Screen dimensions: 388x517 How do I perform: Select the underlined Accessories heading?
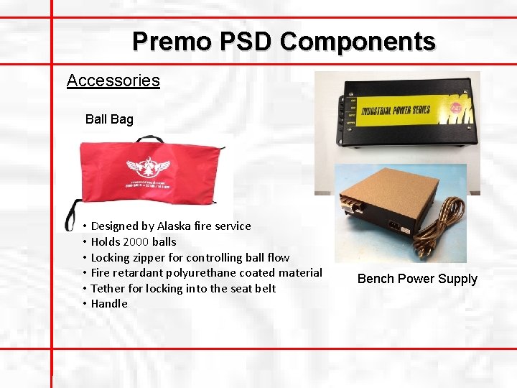(113, 80)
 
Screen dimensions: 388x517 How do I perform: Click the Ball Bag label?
(109, 119)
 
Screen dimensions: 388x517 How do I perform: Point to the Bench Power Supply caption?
(417, 279)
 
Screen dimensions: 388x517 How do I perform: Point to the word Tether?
(107, 288)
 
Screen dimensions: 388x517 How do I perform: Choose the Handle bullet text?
(109, 303)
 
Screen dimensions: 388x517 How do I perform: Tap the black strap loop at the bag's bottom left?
(70, 218)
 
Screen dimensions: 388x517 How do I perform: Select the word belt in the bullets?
(265, 288)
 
